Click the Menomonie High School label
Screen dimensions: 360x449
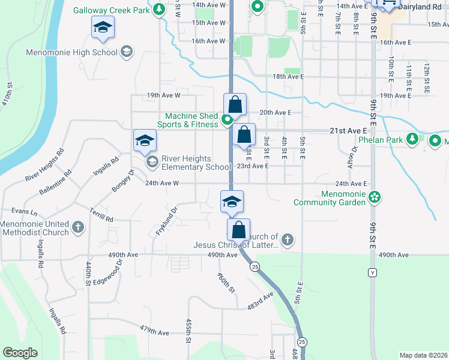click(x=71, y=52)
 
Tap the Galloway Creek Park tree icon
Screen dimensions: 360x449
click(x=158, y=10)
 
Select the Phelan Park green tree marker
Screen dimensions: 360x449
click(x=412, y=139)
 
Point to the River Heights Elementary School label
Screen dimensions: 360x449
click(x=187, y=163)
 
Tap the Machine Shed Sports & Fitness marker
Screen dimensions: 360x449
click(x=227, y=120)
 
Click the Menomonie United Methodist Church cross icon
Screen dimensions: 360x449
click(x=77, y=227)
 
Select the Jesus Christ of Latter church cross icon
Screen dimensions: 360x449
click(x=288, y=240)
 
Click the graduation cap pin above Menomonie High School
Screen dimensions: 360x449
click(x=103, y=28)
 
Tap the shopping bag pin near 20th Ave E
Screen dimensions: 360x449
click(x=235, y=104)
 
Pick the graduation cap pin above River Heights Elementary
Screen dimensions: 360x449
click(x=145, y=141)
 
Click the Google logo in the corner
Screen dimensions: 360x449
click(x=20, y=353)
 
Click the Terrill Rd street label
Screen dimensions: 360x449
click(x=101, y=217)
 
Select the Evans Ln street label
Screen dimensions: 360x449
click(x=25, y=212)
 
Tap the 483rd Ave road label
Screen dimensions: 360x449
click(x=260, y=300)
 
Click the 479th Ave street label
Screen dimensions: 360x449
click(x=155, y=331)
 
